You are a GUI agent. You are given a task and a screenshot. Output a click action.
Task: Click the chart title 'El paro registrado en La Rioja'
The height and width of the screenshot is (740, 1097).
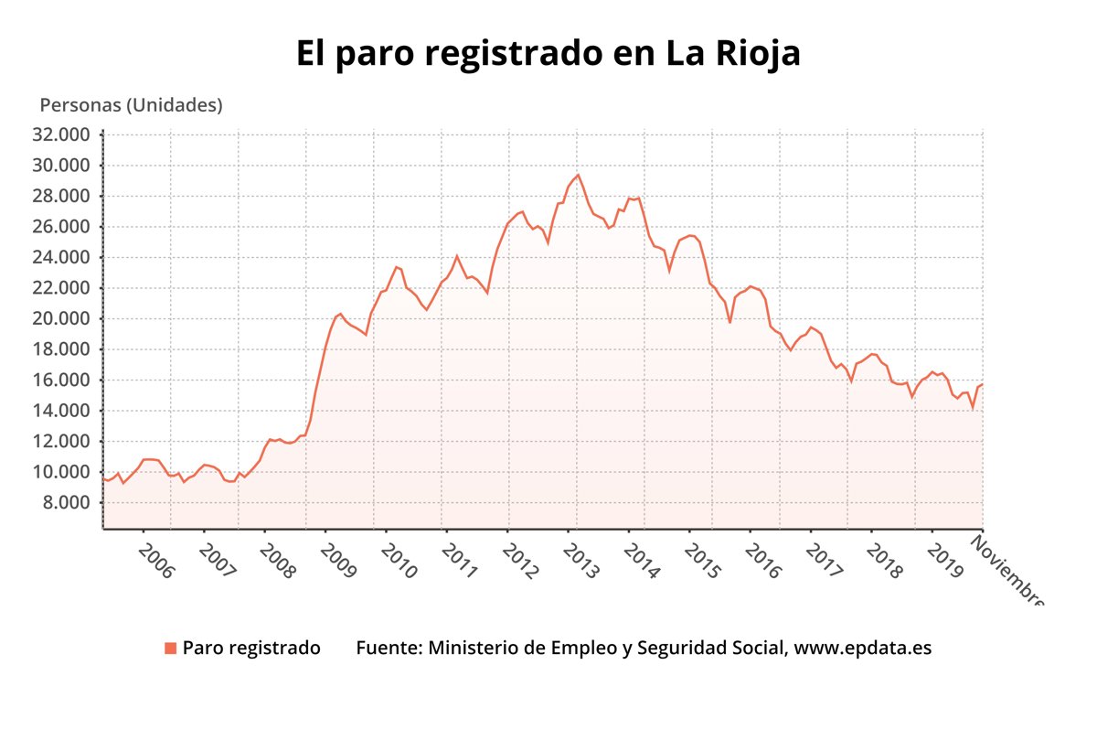[x=548, y=53]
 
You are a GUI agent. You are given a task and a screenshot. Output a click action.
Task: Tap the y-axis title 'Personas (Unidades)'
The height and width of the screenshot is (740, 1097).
[x=131, y=105]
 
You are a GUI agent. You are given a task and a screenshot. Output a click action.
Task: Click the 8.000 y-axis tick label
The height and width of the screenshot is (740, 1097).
[x=69, y=502]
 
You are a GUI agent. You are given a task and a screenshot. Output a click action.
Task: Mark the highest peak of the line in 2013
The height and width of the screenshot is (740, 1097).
[x=578, y=175]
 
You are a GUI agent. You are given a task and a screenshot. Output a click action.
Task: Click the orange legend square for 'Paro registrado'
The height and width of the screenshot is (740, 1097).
[x=170, y=649]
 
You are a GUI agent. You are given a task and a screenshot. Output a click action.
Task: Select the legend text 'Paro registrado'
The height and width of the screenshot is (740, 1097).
[x=251, y=649]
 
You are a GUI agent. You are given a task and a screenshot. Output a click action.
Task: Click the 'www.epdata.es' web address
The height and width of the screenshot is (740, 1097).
[x=863, y=649]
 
